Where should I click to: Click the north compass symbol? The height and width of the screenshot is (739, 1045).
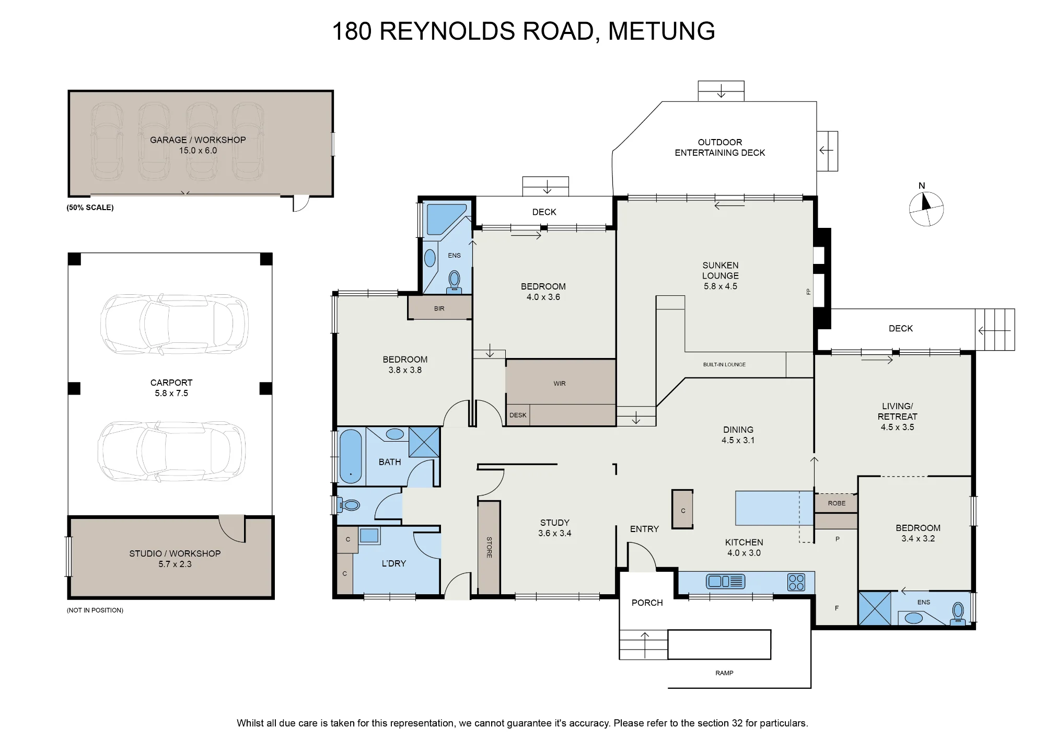pyautogui.click(x=926, y=209)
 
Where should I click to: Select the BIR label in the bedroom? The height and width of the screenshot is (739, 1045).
pyautogui.click(x=439, y=309)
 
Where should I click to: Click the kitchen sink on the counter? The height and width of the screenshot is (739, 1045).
pyautogui.click(x=725, y=581)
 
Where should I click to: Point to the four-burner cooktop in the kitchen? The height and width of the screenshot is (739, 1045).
pyautogui.click(x=796, y=582)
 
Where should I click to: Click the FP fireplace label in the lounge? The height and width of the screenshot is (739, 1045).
pyautogui.click(x=808, y=292)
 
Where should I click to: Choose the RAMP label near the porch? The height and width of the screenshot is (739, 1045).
pyautogui.click(x=724, y=673)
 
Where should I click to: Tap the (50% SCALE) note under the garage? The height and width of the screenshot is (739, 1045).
pyautogui.click(x=90, y=207)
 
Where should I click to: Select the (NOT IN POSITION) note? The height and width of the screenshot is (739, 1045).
pyautogui.click(x=95, y=610)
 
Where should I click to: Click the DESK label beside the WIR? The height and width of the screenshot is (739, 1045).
pyautogui.click(x=518, y=415)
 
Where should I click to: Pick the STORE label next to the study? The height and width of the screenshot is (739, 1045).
pyautogui.click(x=489, y=547)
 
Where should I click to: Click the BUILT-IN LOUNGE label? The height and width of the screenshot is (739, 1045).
pyautogui.click(x=724, y=365)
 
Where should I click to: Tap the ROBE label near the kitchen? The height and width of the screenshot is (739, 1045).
pyautogui.click(x=837, y=503)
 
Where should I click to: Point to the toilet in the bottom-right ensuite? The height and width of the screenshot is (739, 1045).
pyautogui.click(x=958, y=614)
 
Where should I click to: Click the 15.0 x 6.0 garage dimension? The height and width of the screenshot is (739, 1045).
pyautogui.click(x=198, y=151)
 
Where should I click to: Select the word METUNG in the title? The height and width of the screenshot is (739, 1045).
pyautogui.click(x=661, y=31)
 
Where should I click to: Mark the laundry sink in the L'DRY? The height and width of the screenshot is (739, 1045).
pyautogui.click(x=369, y=536)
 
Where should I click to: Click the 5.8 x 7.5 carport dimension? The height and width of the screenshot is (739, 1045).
pyautogui.click(x=171, y=394)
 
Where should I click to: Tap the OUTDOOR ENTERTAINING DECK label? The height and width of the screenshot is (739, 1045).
pyautogui.click(x=720, y=147)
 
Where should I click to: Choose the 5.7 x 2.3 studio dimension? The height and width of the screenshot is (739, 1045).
pyautogui.click(x=175, y=564)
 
